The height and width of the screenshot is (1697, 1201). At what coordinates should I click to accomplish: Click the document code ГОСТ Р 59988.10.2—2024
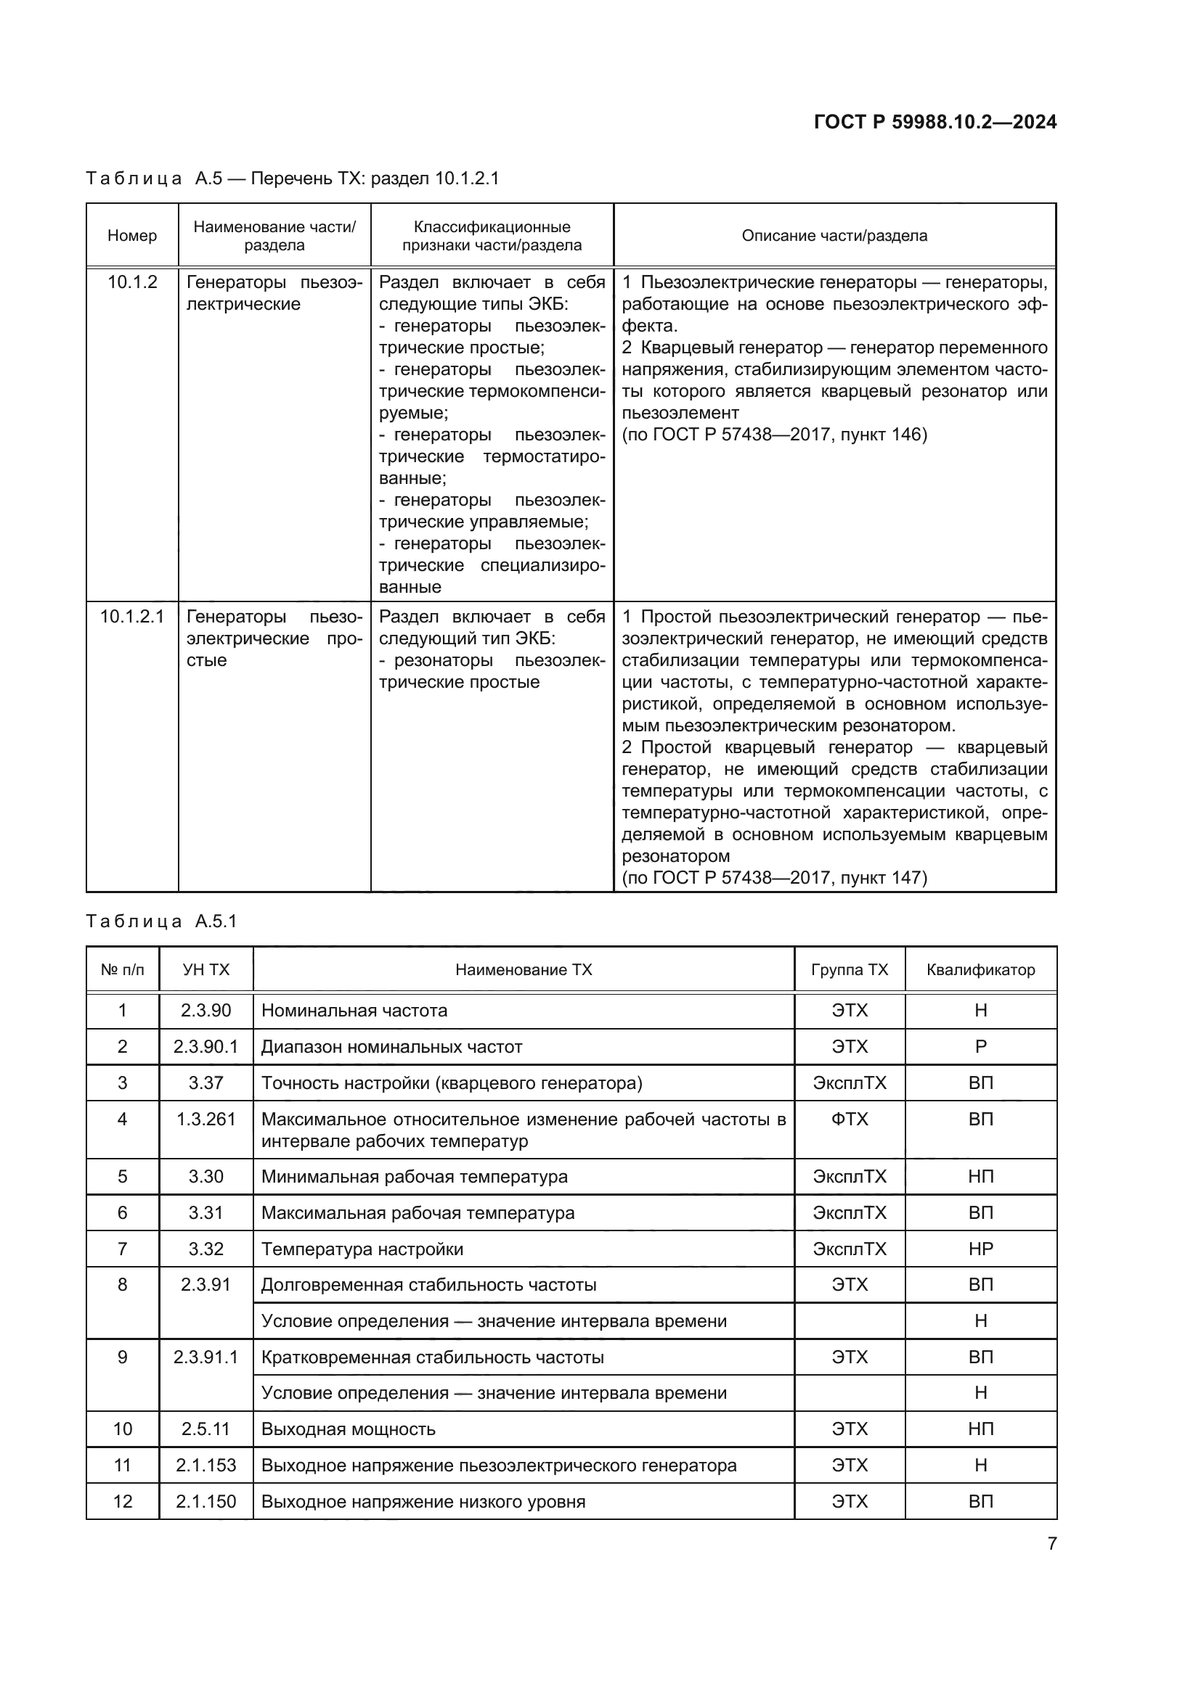[x=935, y=122]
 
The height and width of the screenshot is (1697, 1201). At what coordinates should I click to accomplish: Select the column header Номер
[x=132, y=236]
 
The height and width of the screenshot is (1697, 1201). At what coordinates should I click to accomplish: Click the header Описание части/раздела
[x=834, y=236]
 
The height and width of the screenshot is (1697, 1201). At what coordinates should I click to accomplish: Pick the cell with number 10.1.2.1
[x=132, y=617]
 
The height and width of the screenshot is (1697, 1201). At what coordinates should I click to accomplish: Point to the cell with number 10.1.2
[x=132, y=282]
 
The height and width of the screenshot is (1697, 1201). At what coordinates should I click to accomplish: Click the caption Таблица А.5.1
[x=161, y=921]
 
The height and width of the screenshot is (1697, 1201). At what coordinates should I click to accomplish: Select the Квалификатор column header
[x=980, y=970]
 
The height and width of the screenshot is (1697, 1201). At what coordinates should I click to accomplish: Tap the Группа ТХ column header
[x=849, y=970]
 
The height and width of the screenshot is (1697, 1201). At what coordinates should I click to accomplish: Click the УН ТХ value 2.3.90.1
[x=205, y=1047]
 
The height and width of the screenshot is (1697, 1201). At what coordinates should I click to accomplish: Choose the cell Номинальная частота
[x=354, y=1011]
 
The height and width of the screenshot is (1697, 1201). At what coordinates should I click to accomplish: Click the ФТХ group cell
[x=849, y=1119]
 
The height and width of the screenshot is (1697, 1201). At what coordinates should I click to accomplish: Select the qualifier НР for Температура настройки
[x=980, y=1249]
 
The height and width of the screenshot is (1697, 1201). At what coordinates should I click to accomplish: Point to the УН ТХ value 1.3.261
[x=205, y=1119]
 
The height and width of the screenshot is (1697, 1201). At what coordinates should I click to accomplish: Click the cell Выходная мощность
[x=349, y=1429]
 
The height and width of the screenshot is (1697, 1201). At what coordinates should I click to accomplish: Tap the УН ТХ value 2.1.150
[x=205, y=1501]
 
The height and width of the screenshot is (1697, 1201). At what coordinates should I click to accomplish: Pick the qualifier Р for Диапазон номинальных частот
[x=980, y=1047]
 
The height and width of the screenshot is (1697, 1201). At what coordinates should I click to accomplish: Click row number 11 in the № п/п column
[x=123, y=1465]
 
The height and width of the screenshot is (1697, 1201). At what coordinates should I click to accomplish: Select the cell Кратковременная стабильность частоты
[x=433, y=1357]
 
